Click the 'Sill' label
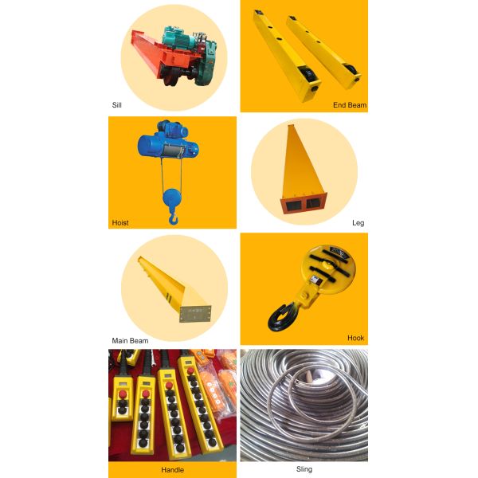(117, 105)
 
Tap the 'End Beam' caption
(350, 105)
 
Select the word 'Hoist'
(120, 223)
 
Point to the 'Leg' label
(358, 223)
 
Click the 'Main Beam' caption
(130, 341)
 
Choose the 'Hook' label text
(356, 338)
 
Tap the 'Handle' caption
(173, 470)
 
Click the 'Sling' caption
(304, 469)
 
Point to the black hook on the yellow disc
(280, 317)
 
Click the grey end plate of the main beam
(195, 314)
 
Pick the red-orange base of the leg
(304, 203)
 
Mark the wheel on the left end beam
(307, 74)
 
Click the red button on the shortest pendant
(123, 394)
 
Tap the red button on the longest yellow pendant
(190, 371)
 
